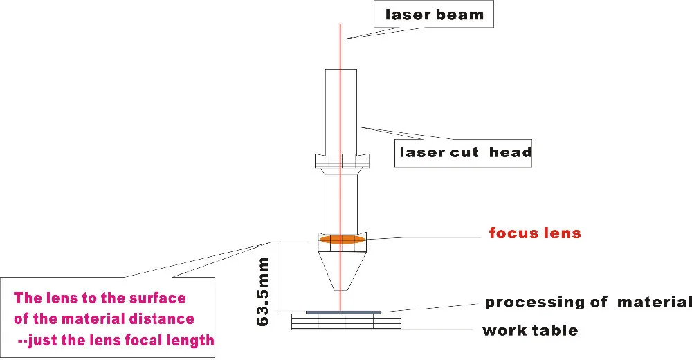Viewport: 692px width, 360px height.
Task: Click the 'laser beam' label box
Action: point(434,15)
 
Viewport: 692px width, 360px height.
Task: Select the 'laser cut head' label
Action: point(464,152)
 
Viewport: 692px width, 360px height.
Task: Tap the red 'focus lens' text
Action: point(534,233)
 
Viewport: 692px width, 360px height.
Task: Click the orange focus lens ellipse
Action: point(341,240)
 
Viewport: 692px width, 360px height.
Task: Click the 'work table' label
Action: point(530,330)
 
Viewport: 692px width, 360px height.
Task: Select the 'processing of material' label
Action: point(588,302)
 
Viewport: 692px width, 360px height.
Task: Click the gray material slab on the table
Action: point(343,312)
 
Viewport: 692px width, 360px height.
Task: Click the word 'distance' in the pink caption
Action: point(165,319)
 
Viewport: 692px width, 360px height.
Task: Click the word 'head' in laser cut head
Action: point(510,152)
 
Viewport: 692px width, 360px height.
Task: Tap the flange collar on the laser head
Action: point(341,163)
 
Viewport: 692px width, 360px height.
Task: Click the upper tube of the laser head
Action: point(341,111)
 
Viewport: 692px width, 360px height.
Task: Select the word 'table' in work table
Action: point(556,330)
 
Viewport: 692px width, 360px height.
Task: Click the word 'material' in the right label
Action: point(654,302)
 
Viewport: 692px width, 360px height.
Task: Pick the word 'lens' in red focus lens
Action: point(561,233)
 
